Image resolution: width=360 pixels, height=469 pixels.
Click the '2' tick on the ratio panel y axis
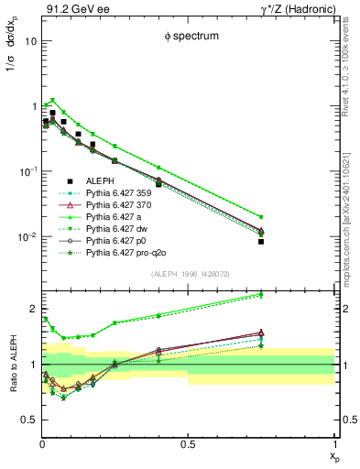click(x=33, y=309)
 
